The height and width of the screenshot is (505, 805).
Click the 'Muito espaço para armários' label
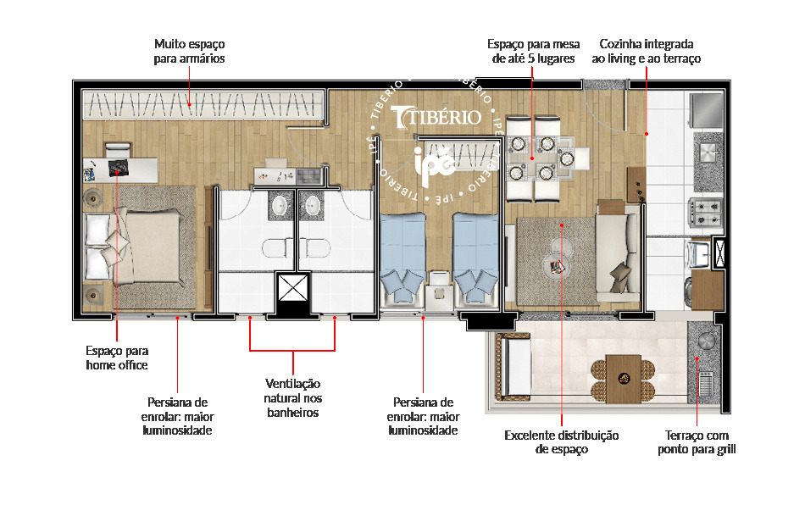pos(190,51)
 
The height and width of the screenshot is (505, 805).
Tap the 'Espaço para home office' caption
pos(117,358)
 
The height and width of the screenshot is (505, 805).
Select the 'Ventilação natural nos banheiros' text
pos(292,397)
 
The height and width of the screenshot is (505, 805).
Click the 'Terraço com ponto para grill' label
pos(697,442)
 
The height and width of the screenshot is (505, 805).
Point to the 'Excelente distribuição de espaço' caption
pos(561,442)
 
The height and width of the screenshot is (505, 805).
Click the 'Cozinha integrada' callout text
pos(647,51)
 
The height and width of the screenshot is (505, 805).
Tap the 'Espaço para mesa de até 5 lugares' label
pos(533,51)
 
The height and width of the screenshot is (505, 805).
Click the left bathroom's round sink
pos(280,206)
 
